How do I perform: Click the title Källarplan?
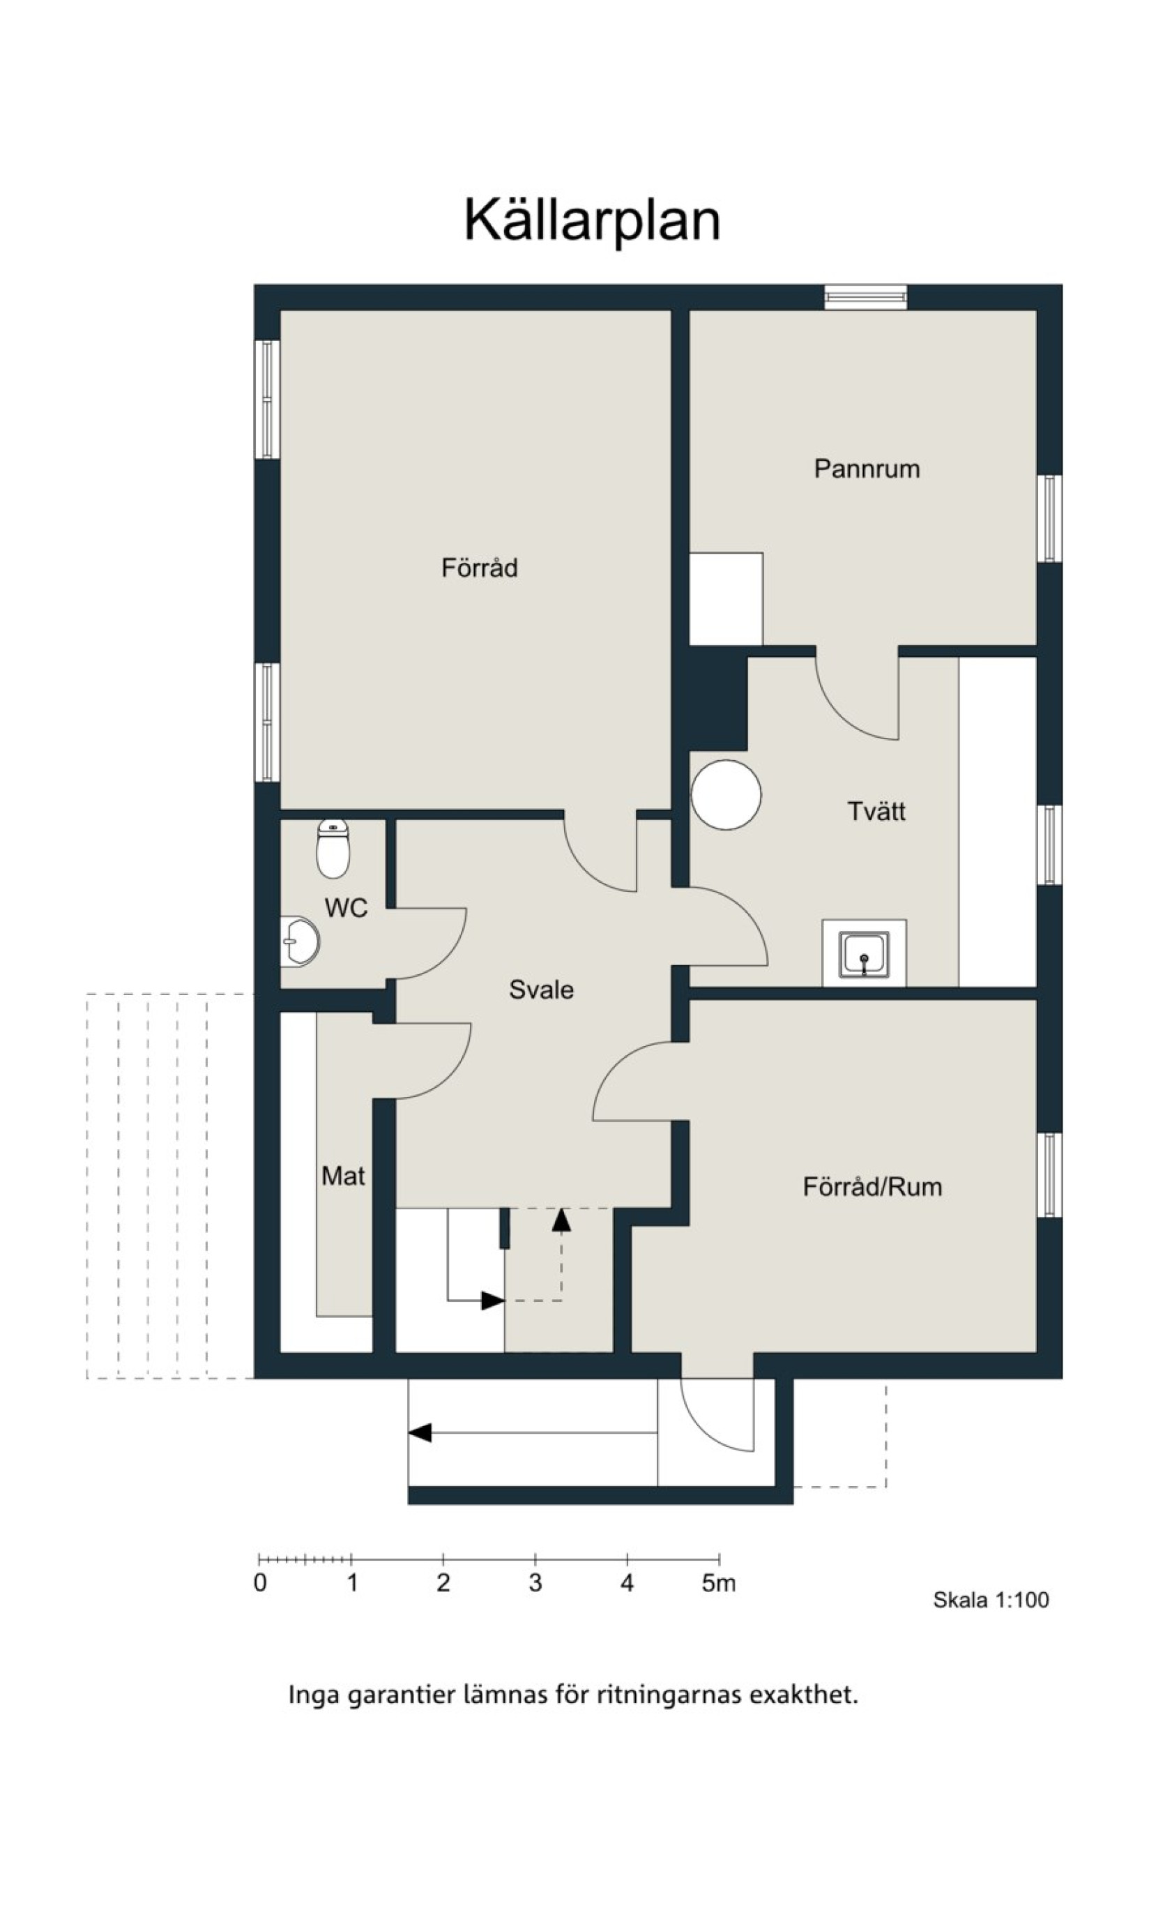pos(593,220)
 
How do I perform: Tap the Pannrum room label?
pos(867,469)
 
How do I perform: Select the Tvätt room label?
pos(876,812)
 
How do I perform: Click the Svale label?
pos(541,990)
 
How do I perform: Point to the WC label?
pos(345,907)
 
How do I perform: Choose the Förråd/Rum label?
pos(872,1187)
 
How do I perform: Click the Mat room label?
pos(343,1176)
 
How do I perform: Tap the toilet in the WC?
pos(333,849)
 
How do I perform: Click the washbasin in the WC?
pos(300,941)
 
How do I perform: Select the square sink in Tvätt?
pos(864,955)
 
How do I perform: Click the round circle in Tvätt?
pos(726,795)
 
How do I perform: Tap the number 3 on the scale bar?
pos(535,1583)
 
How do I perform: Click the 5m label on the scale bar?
pos(719,1584)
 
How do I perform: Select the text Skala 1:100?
pos(990,1600)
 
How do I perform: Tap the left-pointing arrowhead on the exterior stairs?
pos(420,1432)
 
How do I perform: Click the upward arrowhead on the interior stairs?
pos(561,1220)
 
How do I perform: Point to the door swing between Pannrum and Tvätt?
pos(847,713)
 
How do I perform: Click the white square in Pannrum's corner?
pos(726,598)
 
